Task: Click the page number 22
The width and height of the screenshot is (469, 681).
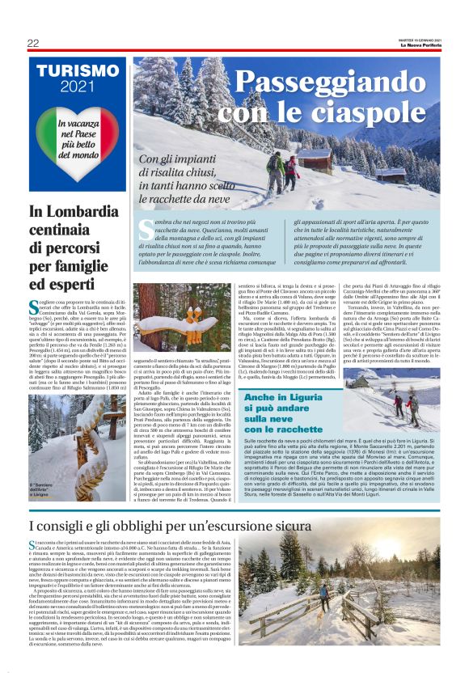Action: click(x=33, y=43)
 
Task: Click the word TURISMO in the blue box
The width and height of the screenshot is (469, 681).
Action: click(x=78, y=71)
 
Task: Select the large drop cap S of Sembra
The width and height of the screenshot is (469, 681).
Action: click(x=145, y=229)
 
